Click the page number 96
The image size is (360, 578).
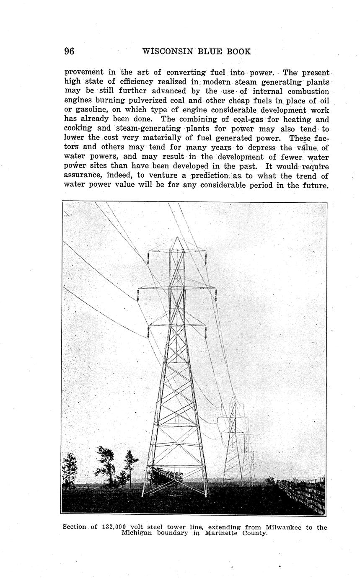tap(69, 52)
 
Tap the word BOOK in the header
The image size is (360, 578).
tap(238, 52)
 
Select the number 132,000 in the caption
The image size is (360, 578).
tap(114, 527)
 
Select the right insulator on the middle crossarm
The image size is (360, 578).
tap(215, 295)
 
